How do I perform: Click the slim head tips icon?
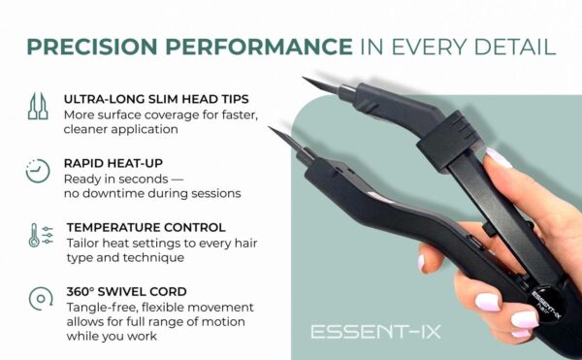(x=36, y=108)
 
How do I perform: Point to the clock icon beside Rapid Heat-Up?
(x=37, y=171)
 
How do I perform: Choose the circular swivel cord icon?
(x=37, y=297)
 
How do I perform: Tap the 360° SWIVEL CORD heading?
(x=124, y=289)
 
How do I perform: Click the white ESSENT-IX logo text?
(x=375, y=331)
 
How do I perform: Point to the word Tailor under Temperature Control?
(x=81, y=243)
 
